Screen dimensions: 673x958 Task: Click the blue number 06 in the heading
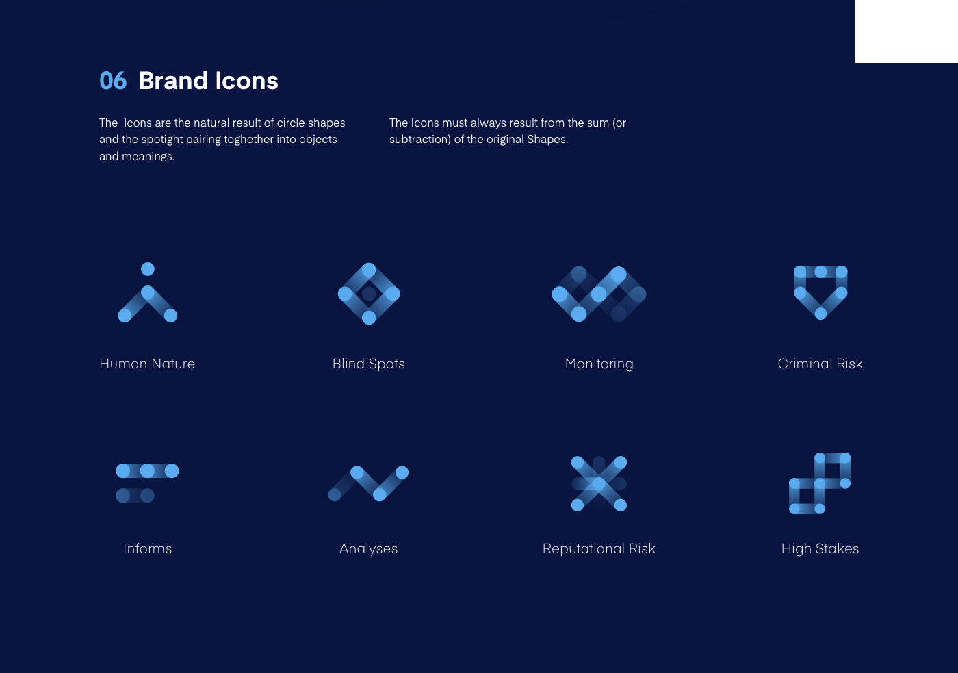pos(113,81)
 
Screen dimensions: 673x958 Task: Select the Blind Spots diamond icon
pos(369,294)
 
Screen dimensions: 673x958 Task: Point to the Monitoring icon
pos(599,294)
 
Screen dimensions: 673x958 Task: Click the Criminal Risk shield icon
pos(820,292)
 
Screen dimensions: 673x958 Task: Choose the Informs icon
pos(147,483)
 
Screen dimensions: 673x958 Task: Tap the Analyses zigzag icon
pos(368,483)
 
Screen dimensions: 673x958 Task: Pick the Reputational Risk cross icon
pos(599,483)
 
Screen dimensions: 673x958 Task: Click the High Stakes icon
pos(820,483)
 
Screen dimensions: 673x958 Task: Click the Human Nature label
pos(147,364)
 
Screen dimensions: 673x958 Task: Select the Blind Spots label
pos(369,364)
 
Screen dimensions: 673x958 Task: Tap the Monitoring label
pos(599,364)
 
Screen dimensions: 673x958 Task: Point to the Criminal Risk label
pos(820,364)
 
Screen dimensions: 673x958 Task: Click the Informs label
pos(147,548)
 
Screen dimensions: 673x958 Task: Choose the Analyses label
pos(368,548)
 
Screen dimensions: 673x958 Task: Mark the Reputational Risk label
pos(599,548)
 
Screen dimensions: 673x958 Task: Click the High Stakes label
pos(820,548)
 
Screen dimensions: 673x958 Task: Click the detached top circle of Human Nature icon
pos(148,269)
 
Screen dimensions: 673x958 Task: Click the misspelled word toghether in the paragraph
pos(246,139)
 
